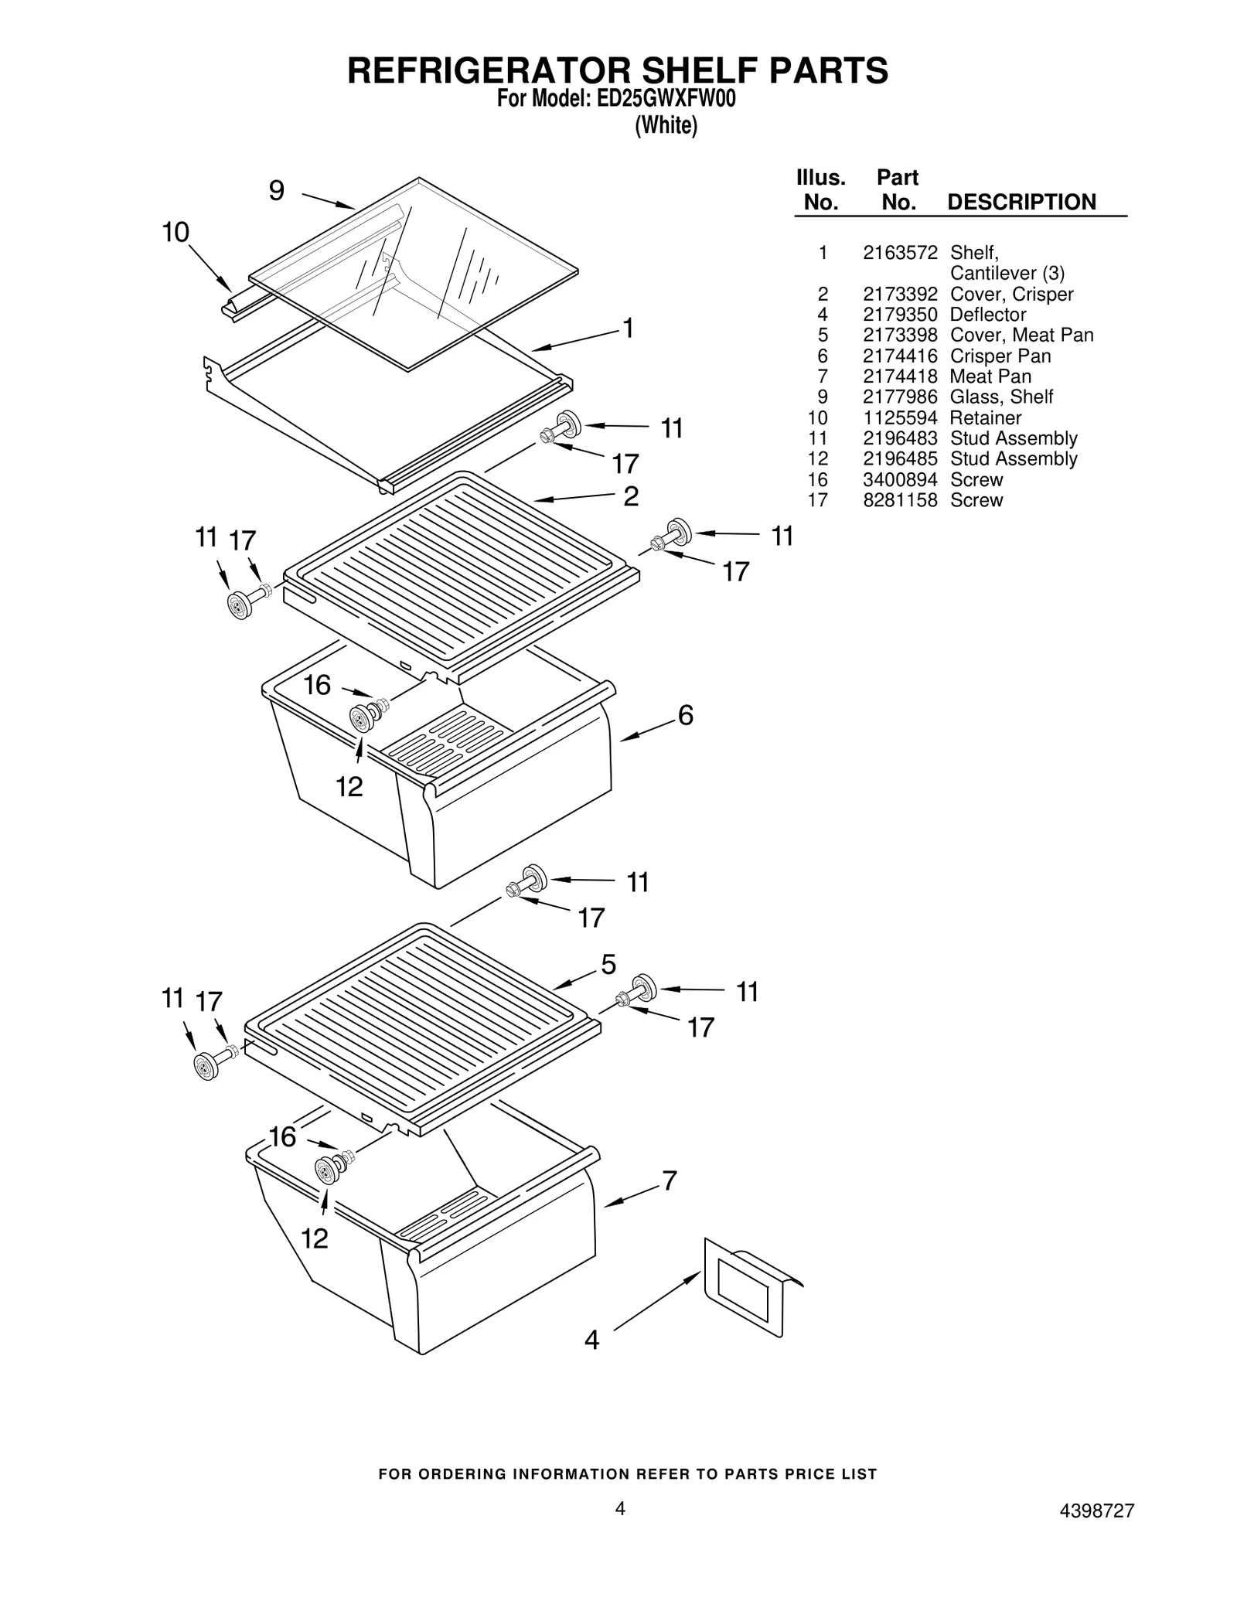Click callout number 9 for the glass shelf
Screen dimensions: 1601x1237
coord(276,190)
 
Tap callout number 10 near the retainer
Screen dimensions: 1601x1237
coord(176,232)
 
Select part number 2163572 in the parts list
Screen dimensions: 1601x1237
coord(900,253)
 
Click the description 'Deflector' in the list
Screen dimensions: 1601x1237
coord(987,315)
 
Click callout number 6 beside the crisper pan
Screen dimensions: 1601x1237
coord(686,716)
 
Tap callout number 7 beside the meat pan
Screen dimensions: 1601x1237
coord(670,1180)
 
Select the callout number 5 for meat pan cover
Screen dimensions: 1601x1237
coord(609,964)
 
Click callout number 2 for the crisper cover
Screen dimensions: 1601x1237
coord(631,496)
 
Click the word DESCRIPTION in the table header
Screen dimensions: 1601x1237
coord(1021,203)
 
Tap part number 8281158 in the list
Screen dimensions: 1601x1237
coord(900,500)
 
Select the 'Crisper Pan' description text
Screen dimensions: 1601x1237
coord(1000,356)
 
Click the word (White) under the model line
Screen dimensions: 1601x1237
coord(666,125)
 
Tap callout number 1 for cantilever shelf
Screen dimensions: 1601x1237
coord(629,329)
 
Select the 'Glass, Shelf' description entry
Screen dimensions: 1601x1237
coord(1001,397)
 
